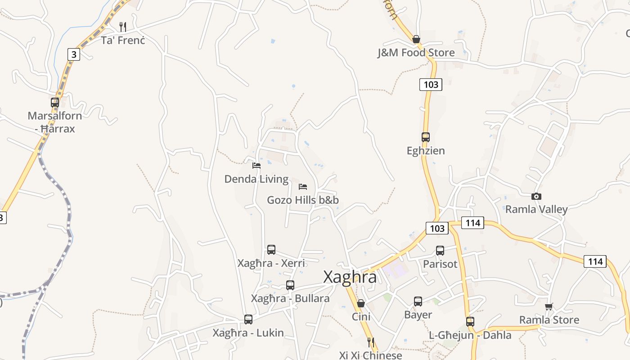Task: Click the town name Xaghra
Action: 350,277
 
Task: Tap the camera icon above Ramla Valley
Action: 536,196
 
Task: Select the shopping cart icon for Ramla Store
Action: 549,306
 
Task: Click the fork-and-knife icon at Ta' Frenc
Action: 123,27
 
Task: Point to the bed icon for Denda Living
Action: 256,166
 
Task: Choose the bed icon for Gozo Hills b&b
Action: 303,186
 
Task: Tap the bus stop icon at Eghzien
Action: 426,137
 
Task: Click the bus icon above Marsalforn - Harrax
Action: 55,102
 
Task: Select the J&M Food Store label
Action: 416,53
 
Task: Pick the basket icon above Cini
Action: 360,303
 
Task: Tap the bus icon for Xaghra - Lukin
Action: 248,319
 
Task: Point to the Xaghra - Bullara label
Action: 290,298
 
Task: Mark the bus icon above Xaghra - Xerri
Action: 271,249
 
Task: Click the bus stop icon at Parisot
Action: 440,251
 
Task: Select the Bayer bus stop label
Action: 418,315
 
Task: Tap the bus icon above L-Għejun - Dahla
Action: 470,322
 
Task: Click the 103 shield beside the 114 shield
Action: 437,228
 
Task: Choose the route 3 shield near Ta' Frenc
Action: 74,54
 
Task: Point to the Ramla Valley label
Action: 536,209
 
